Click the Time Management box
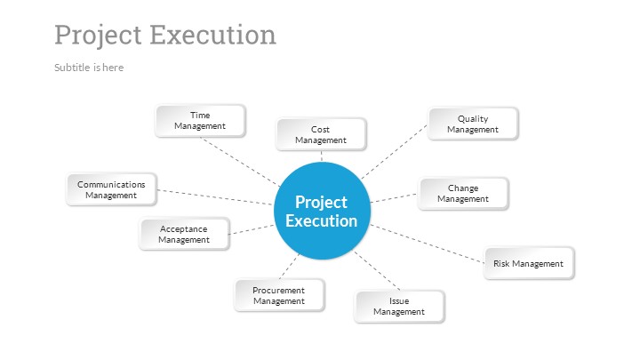pos(200,121)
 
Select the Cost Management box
pos(320,135)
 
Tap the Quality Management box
pos(472,124)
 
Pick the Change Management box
pos(462,194)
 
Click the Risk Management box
pos(528,263)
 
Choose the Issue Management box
pos(398,306)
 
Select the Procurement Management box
pos(278,295)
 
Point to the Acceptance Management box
pos(183,234)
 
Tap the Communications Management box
pos(111,189)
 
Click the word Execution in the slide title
pos(213,36)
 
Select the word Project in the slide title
pos(98,36)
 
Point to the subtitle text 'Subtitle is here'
pos(89,68)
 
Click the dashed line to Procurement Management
pos(291,265)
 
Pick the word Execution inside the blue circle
pos(321,220)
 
